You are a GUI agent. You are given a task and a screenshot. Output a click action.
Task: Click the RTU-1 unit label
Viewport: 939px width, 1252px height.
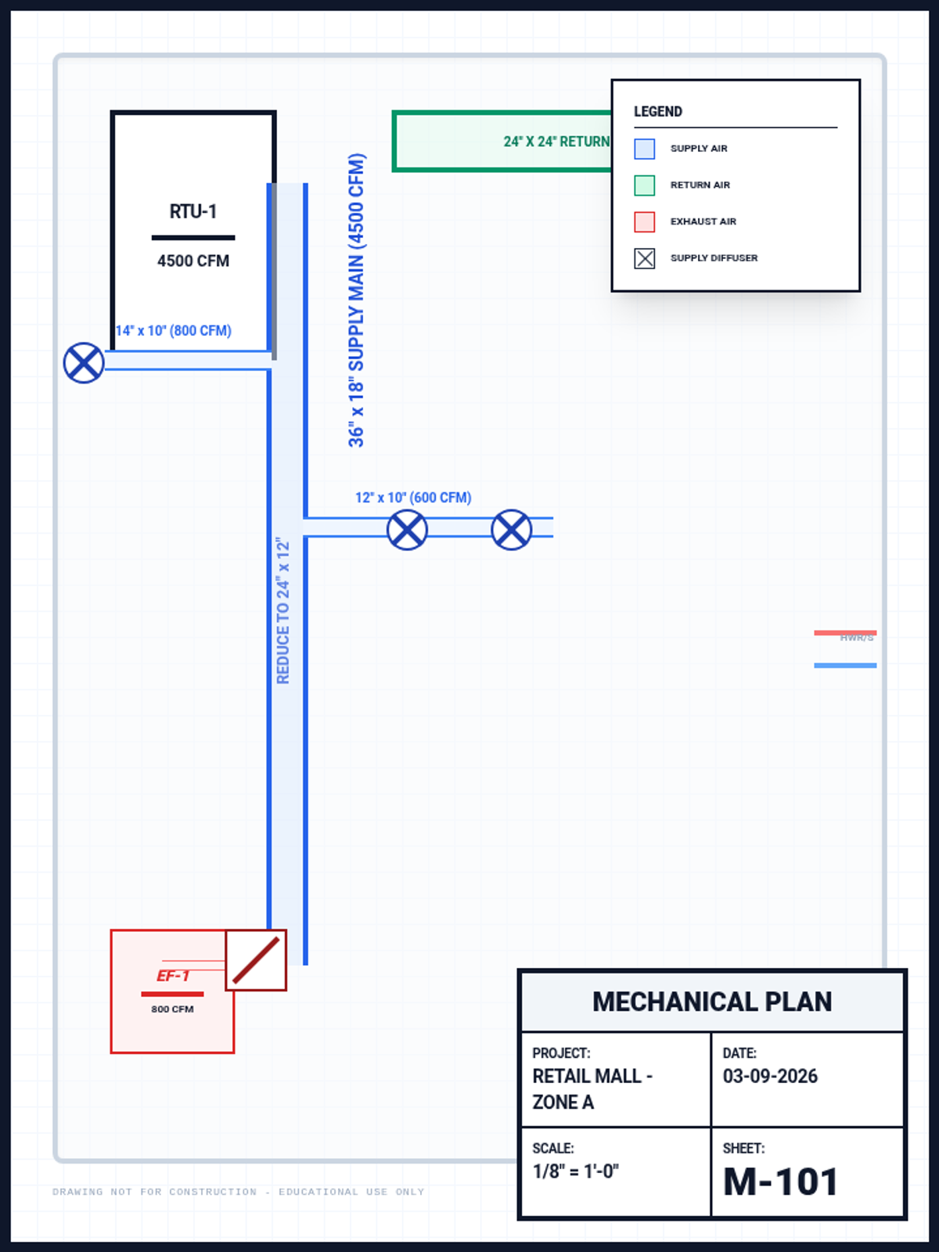click(193, 211)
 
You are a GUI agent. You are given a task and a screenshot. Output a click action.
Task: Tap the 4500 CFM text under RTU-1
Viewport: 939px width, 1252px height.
click(193, 261)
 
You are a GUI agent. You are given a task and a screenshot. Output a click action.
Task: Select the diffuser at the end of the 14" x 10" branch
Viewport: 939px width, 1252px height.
click(84, 363)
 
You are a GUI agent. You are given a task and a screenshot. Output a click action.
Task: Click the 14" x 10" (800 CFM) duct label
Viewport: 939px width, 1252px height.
click(174, 330)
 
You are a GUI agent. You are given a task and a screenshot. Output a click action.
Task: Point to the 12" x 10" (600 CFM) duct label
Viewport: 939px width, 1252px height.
click(413, 498)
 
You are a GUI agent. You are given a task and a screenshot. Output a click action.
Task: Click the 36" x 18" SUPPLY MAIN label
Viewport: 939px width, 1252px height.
click(356, 300)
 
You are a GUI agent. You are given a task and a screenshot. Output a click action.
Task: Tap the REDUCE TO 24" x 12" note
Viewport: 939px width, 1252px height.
click(283, 610)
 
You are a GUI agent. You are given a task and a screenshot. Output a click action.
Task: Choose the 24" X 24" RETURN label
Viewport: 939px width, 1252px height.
click(556, 142)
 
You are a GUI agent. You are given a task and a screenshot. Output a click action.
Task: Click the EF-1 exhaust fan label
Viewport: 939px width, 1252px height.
click(173, 976)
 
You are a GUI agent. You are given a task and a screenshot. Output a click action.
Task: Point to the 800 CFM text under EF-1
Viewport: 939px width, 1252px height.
click(172, 1009)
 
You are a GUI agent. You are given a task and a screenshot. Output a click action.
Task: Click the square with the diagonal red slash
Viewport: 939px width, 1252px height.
click(256, 960)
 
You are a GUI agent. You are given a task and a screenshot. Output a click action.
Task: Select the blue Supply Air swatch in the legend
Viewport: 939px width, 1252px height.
click(645, 149)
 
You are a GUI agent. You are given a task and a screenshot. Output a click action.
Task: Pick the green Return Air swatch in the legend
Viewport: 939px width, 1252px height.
click(645, 185)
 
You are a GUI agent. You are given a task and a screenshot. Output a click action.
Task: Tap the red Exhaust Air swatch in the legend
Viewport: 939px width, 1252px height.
click(645, 221)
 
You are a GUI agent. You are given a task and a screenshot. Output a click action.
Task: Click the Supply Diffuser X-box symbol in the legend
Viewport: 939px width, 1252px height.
click(645, 258)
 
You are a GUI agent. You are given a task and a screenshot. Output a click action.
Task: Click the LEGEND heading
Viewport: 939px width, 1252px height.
click(658, 112)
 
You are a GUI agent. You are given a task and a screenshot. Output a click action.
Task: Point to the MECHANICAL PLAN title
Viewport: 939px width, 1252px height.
click(712, 1002)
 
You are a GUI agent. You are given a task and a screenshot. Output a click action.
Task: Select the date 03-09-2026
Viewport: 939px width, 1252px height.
click(770, 1077)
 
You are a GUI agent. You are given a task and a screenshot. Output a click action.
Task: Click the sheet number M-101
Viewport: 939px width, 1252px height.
click(780, 1182)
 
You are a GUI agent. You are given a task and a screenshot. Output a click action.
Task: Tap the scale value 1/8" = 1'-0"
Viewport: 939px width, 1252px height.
click(576, 1171)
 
